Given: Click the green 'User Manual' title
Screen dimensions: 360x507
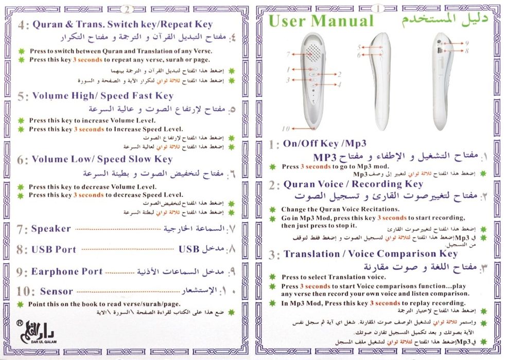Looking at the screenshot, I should pyautogui.click(x=321, y=22).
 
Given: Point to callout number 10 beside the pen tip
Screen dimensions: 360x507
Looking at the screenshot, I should pyautogui.click(x=286, y=129).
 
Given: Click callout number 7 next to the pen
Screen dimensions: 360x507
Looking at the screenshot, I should pyautogui.click(x=289, y=53).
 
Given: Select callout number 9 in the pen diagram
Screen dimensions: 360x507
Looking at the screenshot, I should pyautogui.click(x=466, y=44).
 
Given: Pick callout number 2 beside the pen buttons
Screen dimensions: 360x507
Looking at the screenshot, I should pyautogui.click(x=339, y=74).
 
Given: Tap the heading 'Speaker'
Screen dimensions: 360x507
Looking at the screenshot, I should pyautogui.click(x=51, y=229).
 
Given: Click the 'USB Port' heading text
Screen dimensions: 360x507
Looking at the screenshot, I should pyautogui.click(x=54, y=250).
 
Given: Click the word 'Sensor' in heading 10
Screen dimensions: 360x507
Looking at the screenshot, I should pyautogui.click(x=57, y=292).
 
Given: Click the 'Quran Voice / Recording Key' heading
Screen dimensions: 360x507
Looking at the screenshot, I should pyautogui.click(x=353, y=184).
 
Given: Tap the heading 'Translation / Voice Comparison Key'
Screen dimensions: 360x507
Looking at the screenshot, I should pyautogui.click(x=370, y=254).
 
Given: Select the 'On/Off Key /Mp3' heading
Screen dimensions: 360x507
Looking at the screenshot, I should pyautogui.click(x=324, y=143).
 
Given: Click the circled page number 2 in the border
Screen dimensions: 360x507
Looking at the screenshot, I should pyautogui.click(x=127, y=8).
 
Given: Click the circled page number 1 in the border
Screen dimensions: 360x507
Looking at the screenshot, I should pyautogui.click(x=378, y=8).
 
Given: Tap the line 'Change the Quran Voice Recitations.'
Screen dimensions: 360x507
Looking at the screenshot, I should pyautogui.click(x=340, y=209).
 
